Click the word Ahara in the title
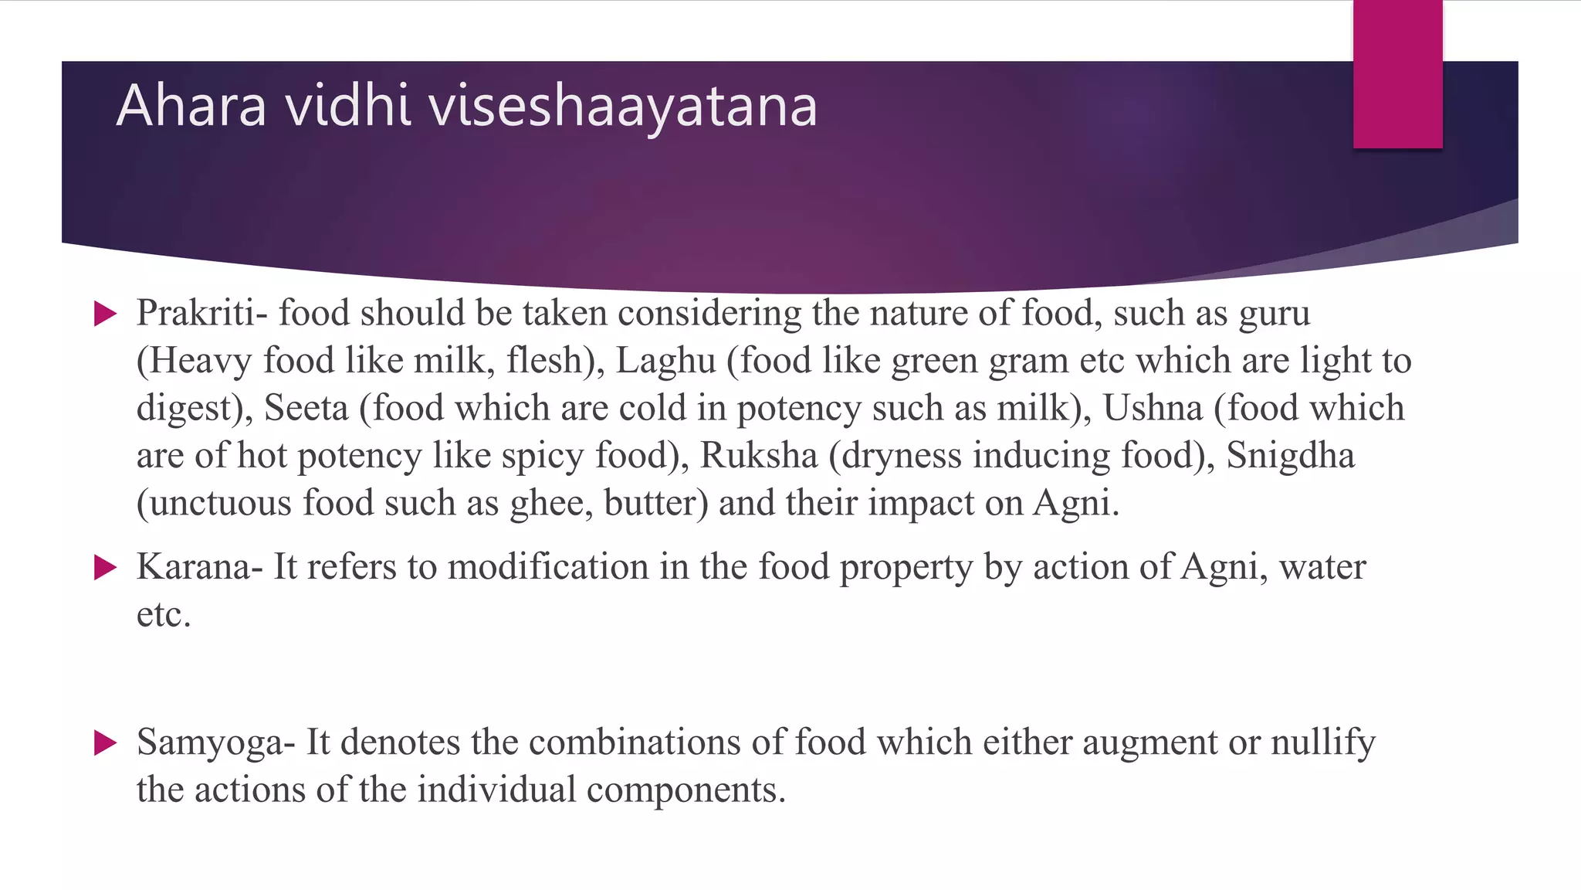(191, 106)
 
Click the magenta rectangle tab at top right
(1397, 74)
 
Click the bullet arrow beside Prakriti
(105, 314)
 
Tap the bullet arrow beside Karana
(105, 568)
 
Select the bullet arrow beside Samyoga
(105, 743)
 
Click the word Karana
(194, 568)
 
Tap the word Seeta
(306, 409)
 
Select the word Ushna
(1153, 409)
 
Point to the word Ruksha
(758, 456)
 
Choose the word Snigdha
(1290, 456)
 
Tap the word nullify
(1323, 743)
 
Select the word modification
(548, 568)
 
